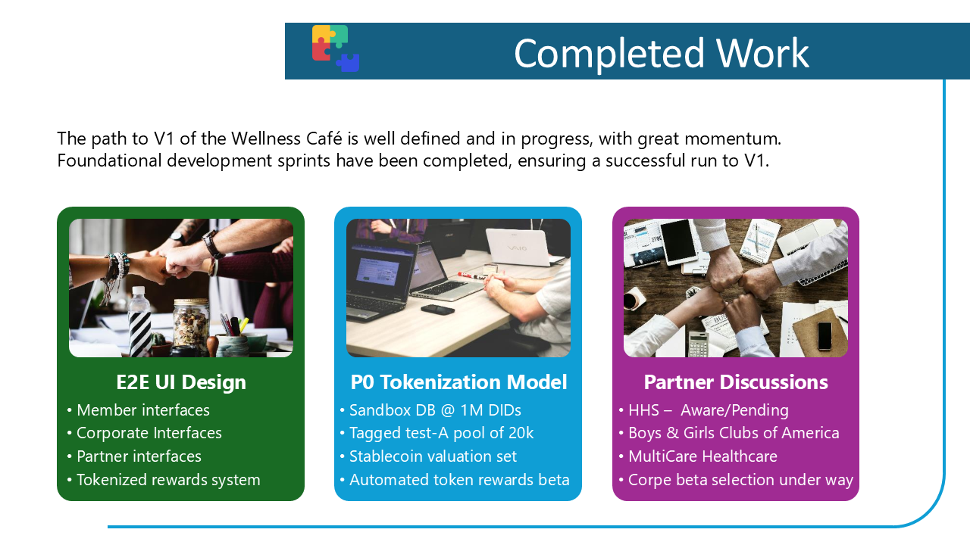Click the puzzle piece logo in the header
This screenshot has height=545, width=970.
(336, 48)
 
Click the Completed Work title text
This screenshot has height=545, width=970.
(661, 53)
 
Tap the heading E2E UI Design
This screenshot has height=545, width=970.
(181, 382)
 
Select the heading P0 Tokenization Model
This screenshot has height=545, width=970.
(458, 382)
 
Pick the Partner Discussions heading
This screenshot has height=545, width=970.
(736, 382)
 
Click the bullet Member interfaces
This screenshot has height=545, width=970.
(142, 410)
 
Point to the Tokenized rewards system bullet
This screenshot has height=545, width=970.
(168, 480)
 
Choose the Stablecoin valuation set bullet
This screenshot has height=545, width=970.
(433, 456)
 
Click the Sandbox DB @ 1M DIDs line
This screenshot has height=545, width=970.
(435, 410)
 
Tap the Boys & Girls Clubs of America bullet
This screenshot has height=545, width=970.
(734, 433)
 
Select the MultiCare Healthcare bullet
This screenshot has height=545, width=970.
(702, 456)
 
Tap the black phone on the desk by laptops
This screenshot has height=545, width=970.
(437, 309)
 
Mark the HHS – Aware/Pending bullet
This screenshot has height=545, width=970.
(708, 410)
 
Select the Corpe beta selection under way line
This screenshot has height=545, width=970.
(740, 480)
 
